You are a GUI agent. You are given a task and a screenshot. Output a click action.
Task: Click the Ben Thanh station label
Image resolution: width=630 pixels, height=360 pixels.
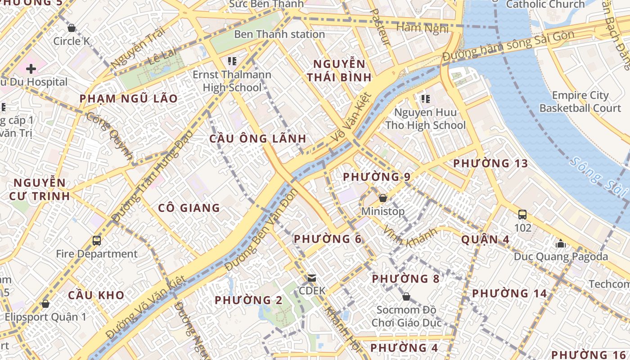pyautogui.click(x=279, y=34)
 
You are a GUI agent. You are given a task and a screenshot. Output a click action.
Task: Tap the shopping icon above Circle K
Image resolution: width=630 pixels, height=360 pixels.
pyautogui.click(x=71, y=28)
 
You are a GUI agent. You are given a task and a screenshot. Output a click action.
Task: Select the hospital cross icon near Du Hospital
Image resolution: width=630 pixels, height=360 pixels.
pyautogui.click(x=31, y=69)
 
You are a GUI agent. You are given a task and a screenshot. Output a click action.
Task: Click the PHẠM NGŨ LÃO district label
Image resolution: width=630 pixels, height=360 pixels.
pyautogui.click(x=129, y=99)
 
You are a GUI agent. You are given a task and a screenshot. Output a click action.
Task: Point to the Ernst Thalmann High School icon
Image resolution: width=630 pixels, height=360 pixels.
pyautogui.click(x=232, y=61)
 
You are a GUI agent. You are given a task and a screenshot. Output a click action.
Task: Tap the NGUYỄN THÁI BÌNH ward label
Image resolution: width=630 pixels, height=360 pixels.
pyautogui.click(x=339, y=70)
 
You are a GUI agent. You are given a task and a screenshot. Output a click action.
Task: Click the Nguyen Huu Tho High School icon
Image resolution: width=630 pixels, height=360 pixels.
pyautogui.click(x=425, y=99)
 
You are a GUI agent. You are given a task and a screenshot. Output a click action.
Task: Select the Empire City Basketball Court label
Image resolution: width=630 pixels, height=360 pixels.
pyautogui.click(x=580, y=102)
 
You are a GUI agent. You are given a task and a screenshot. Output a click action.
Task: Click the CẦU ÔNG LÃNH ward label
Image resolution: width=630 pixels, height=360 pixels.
pyautogui.click(x=258, y=139)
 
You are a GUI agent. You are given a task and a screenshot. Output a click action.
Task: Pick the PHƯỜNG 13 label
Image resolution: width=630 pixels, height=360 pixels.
pyautogui.click(x=490, y=163)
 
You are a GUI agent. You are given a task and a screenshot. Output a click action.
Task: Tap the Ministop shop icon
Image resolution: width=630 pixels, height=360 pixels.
pyautogui.click(x=383, y=198)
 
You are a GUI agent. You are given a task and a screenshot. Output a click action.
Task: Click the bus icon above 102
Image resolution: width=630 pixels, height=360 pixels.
pyautogui.click(x=522, y=215)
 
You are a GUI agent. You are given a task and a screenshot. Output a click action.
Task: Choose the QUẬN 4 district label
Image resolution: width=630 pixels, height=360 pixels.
pyautogui.click(x=485, y=239)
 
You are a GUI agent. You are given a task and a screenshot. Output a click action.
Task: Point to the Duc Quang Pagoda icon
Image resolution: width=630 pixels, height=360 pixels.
pyautogui.click(x=561, y=243)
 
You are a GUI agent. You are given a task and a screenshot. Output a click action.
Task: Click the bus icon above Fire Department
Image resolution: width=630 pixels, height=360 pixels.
pyautogui.click(x=97, y=240)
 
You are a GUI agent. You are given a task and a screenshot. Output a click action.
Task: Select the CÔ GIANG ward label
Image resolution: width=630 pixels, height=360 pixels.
pyautogui.click(x=189, y=208)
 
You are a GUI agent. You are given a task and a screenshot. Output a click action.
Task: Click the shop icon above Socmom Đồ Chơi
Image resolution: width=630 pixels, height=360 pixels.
pyautogui.click(x=406, y=297)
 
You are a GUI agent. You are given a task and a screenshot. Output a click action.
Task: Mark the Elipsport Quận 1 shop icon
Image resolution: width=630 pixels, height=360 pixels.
pyautogui.click(x=45, y=304)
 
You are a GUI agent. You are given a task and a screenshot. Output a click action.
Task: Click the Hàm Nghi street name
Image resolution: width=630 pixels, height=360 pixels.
pyautogui.click(x=422, y=28)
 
